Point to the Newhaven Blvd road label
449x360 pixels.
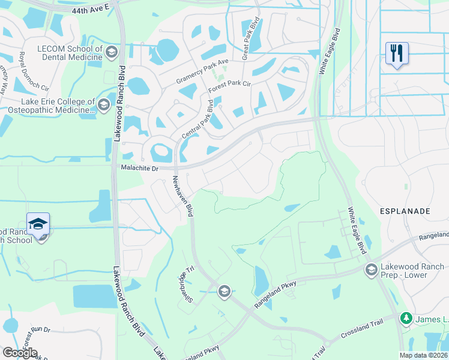(182, 196)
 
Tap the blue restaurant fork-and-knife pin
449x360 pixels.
(397, 53)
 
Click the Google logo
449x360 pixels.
(20, 353)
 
